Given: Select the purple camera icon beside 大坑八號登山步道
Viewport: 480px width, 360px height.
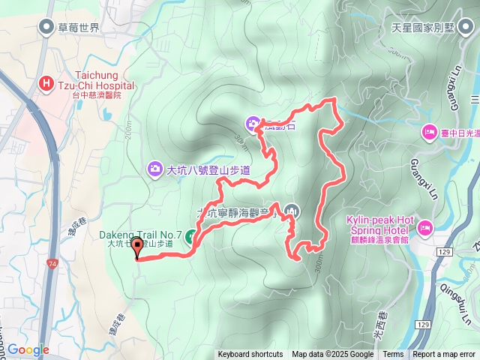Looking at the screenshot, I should (155, 169).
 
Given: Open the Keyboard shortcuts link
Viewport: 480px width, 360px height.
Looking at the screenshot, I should (250, 355).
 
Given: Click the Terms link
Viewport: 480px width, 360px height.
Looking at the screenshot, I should (393, 355).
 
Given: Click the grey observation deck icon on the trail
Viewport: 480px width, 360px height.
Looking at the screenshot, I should (292, 211).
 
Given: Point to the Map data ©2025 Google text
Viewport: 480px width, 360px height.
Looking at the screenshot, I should (332, 355).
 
